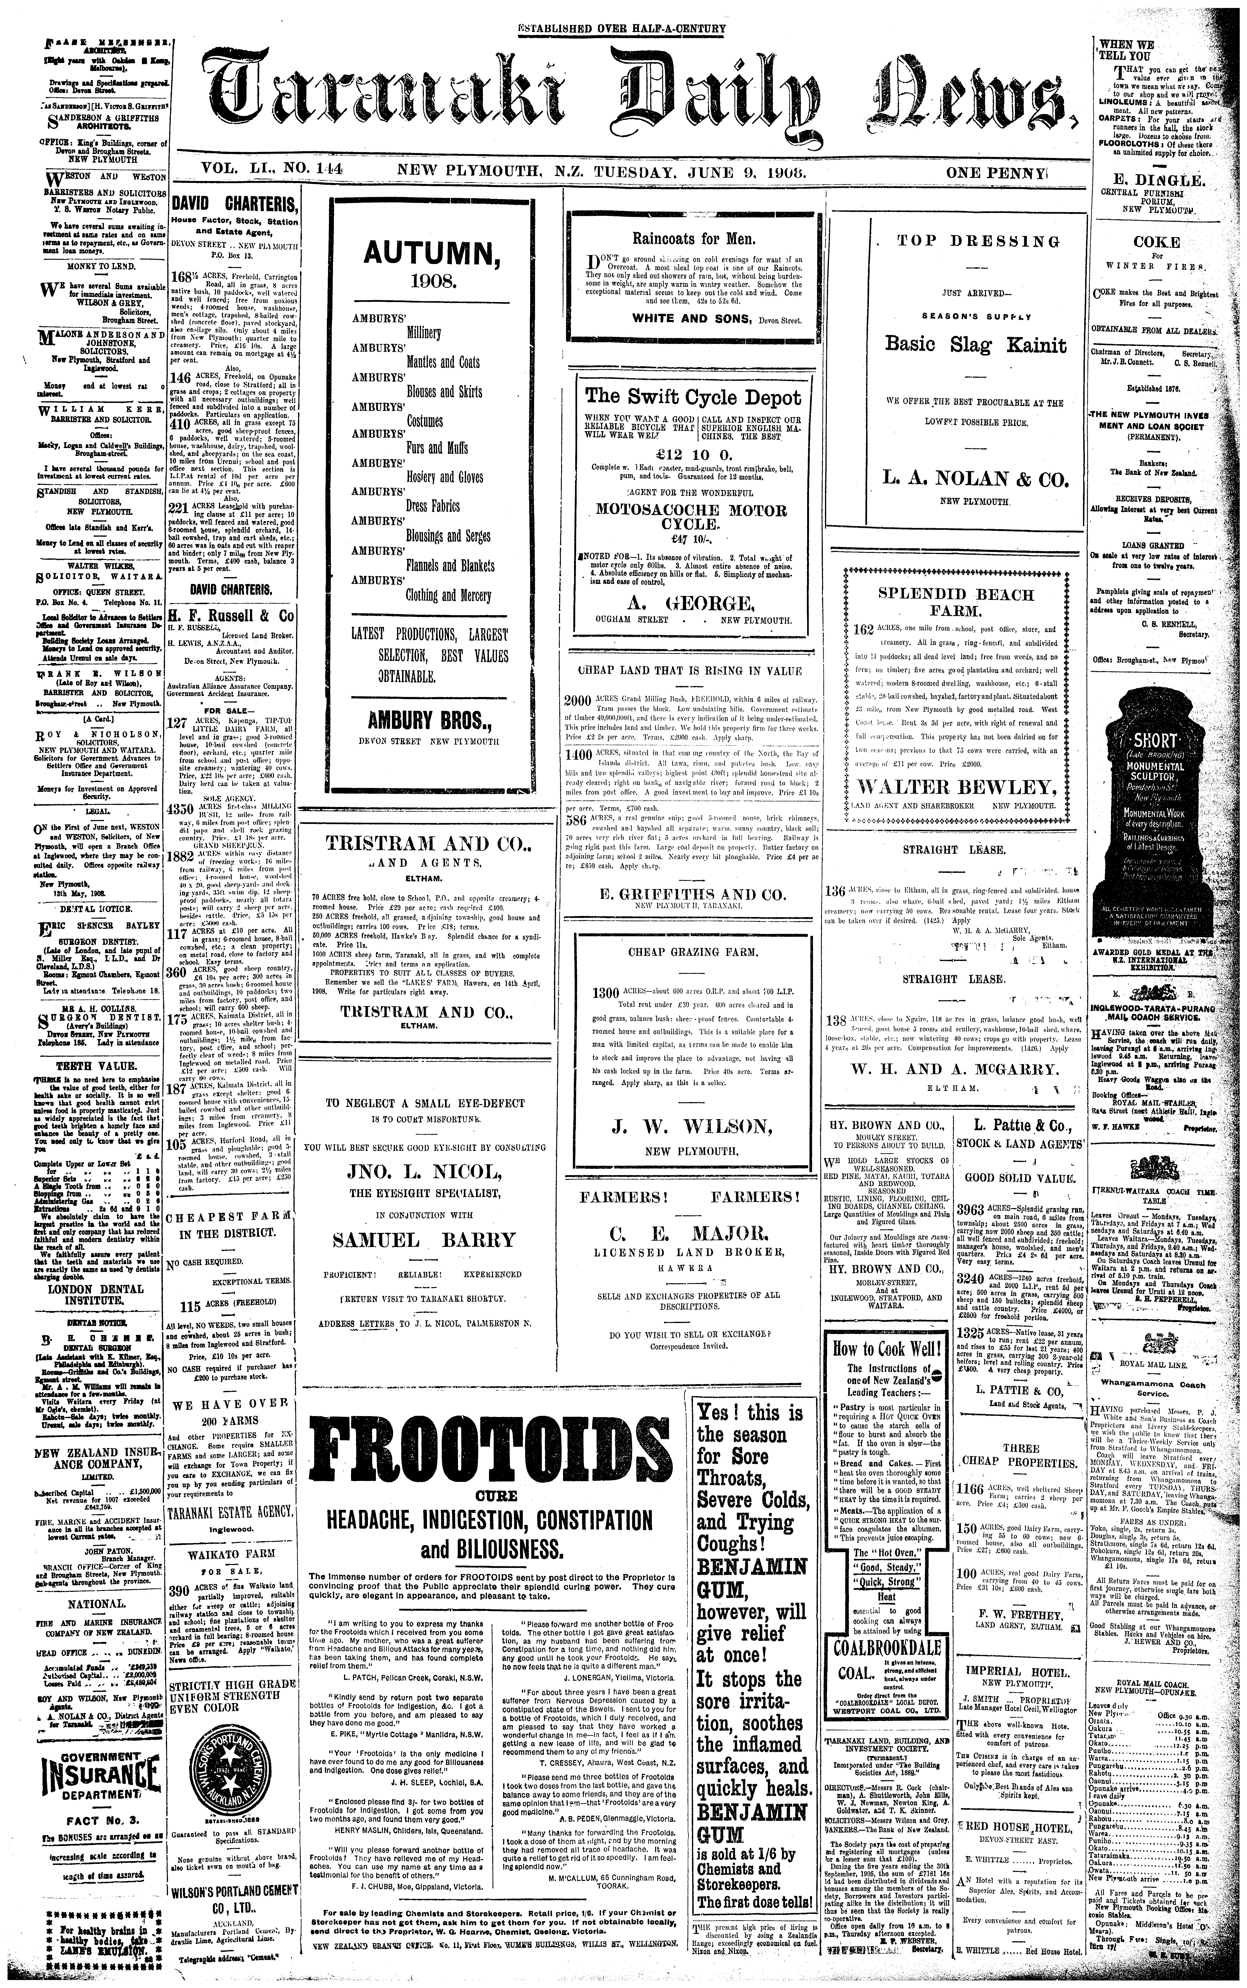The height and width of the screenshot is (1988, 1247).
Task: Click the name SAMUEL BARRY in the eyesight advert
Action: (x=424, y=1240)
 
